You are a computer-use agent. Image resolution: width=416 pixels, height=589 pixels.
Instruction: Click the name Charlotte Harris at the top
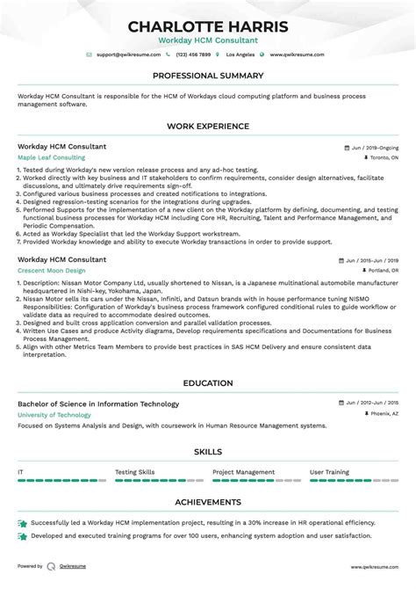207,26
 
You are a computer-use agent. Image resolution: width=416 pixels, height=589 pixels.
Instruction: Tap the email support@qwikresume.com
126,55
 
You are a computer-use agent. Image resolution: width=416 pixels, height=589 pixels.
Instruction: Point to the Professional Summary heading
207,76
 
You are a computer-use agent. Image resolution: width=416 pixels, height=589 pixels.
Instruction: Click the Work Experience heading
207,126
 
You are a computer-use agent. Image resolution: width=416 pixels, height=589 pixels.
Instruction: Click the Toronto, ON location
383,158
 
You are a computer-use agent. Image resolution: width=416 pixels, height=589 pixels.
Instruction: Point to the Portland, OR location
383,272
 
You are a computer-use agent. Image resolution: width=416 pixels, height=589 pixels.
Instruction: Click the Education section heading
207,384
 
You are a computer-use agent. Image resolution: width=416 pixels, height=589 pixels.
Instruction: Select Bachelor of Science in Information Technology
97,404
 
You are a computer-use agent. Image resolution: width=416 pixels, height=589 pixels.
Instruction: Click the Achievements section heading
207,503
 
